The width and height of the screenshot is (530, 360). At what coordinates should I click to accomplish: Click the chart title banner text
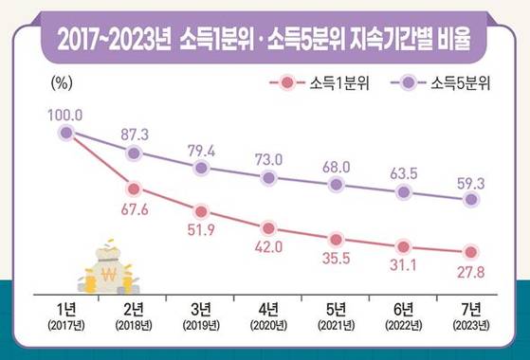265,41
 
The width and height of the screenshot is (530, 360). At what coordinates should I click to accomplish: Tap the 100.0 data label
65,115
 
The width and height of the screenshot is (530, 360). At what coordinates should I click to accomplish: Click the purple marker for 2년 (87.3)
134,153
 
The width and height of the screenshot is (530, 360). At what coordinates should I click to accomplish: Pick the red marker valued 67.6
134,189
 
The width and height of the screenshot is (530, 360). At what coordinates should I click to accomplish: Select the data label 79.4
201,149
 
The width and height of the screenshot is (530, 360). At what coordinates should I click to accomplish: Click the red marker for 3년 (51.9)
201,211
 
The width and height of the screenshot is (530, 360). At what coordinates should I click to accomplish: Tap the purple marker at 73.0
269,177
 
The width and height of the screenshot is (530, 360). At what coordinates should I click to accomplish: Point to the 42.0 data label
269,248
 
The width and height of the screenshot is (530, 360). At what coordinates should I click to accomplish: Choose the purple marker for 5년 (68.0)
337,184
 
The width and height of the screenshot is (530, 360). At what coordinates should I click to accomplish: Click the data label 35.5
337,259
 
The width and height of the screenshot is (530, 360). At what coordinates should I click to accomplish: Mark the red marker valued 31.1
404,246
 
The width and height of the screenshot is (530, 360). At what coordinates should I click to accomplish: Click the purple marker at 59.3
471,200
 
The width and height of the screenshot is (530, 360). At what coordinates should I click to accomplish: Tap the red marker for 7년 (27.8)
471,252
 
